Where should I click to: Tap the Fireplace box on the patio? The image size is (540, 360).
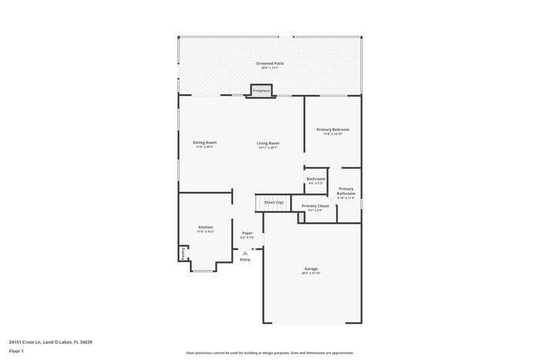click(x=262, y=90)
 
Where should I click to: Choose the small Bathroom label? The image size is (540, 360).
click(x=316, y=180)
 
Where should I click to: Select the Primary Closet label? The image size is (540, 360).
click(x=315, y=207)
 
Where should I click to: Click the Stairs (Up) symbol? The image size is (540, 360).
click(x=273, y=203)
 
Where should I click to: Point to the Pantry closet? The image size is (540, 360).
click(x=183, y=253)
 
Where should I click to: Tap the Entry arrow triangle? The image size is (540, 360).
click(x=245, y=252)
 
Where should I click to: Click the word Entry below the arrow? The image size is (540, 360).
click(x=245, y=260)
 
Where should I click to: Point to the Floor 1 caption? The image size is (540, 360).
click(x=16, y=352)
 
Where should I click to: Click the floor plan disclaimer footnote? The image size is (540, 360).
click(x=269, y=352)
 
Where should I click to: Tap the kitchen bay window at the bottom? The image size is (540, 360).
click(x=204, y=271)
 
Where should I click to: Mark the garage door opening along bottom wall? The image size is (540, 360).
click(x=312, y=323)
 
